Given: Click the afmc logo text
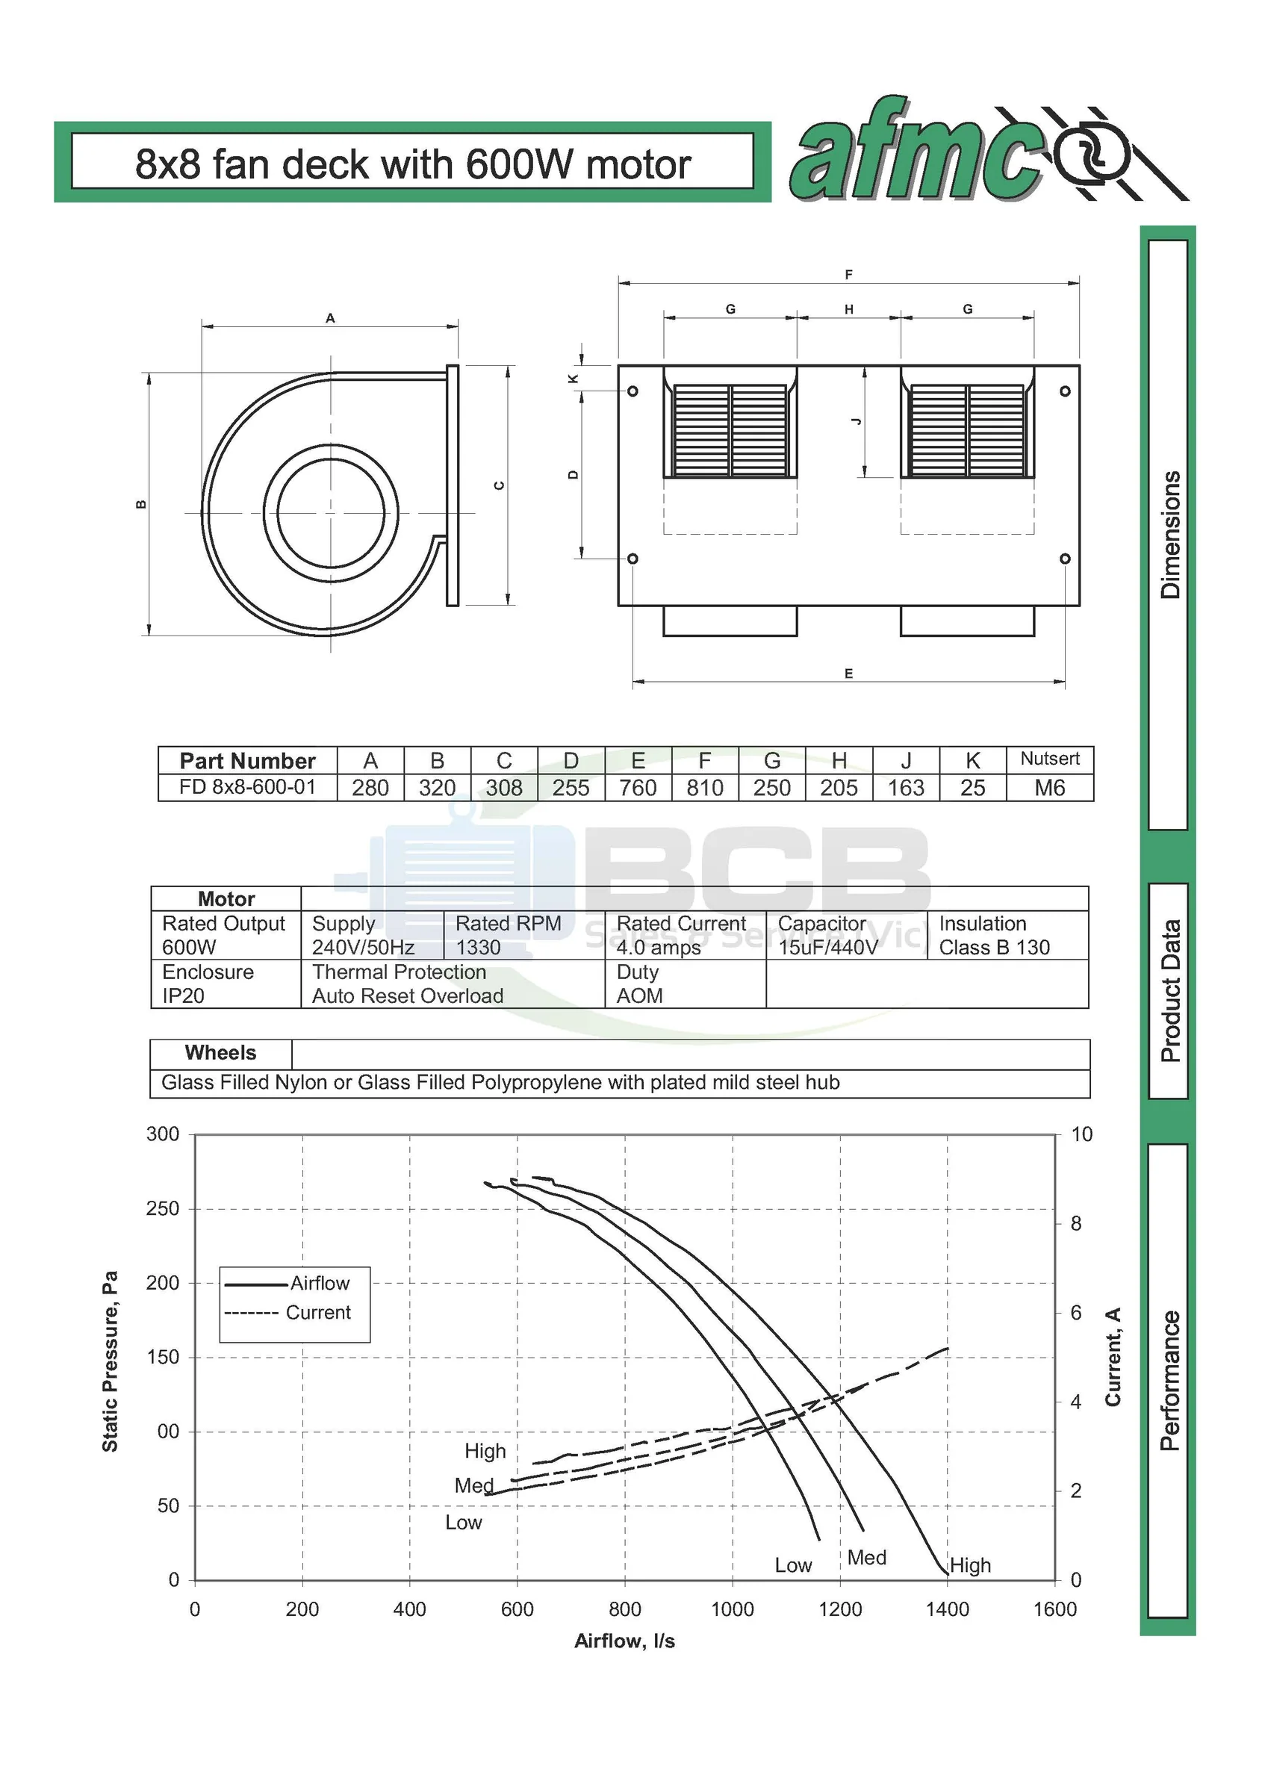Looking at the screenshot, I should point(916,152).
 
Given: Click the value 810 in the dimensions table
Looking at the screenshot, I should point(705,787).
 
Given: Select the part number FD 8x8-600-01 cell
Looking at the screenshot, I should point(247,786).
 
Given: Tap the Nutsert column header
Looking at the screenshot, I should point(1049,759).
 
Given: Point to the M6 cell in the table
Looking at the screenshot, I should point(1049,787).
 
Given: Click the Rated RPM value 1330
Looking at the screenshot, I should point(478,947).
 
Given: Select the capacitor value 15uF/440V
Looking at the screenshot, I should point(827,947).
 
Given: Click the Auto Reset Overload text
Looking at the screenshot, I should point(407,995).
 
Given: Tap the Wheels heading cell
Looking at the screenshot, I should point(220,1052).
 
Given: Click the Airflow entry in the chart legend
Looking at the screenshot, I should point(320,1282).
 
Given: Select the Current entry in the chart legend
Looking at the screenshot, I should point(318,1312).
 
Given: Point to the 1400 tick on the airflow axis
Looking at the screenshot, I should point(947,1609).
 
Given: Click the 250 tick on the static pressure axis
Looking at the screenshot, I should point(162,1208).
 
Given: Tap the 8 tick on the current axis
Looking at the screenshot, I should point(1075,1223).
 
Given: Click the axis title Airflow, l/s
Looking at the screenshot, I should point(624,1641).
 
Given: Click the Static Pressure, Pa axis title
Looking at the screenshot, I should point(110,1361).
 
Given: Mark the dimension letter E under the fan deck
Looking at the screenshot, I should point(848,674).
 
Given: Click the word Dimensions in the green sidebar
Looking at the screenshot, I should point(1170,535).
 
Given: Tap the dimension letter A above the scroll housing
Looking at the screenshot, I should point(330,318).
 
